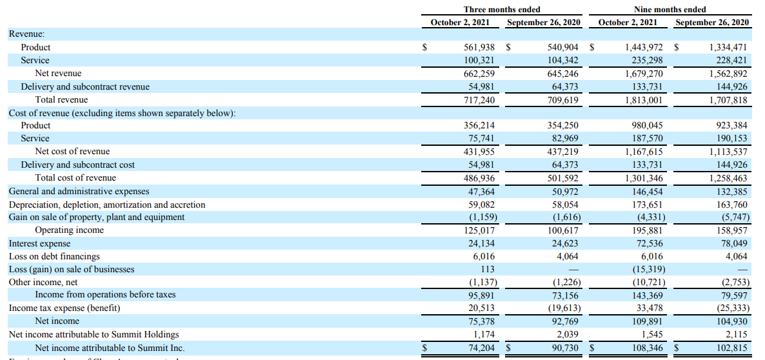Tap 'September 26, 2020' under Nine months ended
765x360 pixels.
pos(711,23)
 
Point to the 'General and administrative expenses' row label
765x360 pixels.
pos(79,191)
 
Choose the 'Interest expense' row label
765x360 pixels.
pos(39,243)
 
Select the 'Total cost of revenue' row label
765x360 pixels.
pos(75,177)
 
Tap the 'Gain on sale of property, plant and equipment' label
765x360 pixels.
pos(96,217)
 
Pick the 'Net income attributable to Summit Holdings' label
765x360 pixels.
pos(94,334)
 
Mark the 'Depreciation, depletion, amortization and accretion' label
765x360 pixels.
pos(106,205)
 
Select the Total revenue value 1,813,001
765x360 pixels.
pos(644,99)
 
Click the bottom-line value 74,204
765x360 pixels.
pos(481,348)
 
